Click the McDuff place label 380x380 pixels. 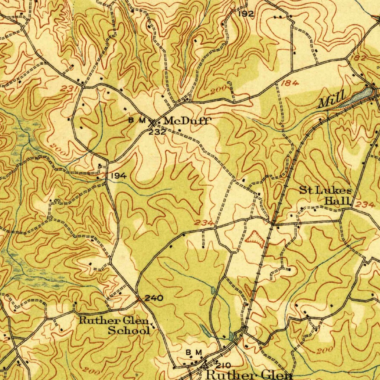pyautogui.click(x=187, y=121)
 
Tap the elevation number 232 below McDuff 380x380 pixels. pyautogui.click(x=157, y=132)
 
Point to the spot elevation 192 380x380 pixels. pyautogui.click(x=246, y=14)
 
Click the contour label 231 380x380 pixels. pyautogui.click(x=70, y=89)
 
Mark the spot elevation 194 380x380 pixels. pyautogui.click(x=118, y=176)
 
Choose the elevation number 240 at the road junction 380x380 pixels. pyautogui.click(x=153, y=298)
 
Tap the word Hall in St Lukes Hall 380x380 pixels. pyautogui.click(x=338, y=202)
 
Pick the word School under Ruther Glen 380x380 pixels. pyautogui.click(x=129, y=330)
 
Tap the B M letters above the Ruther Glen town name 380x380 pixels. pyautogui.click(x=194, y=352)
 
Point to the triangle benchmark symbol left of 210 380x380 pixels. pyautogui.click(x=203, y=365)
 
